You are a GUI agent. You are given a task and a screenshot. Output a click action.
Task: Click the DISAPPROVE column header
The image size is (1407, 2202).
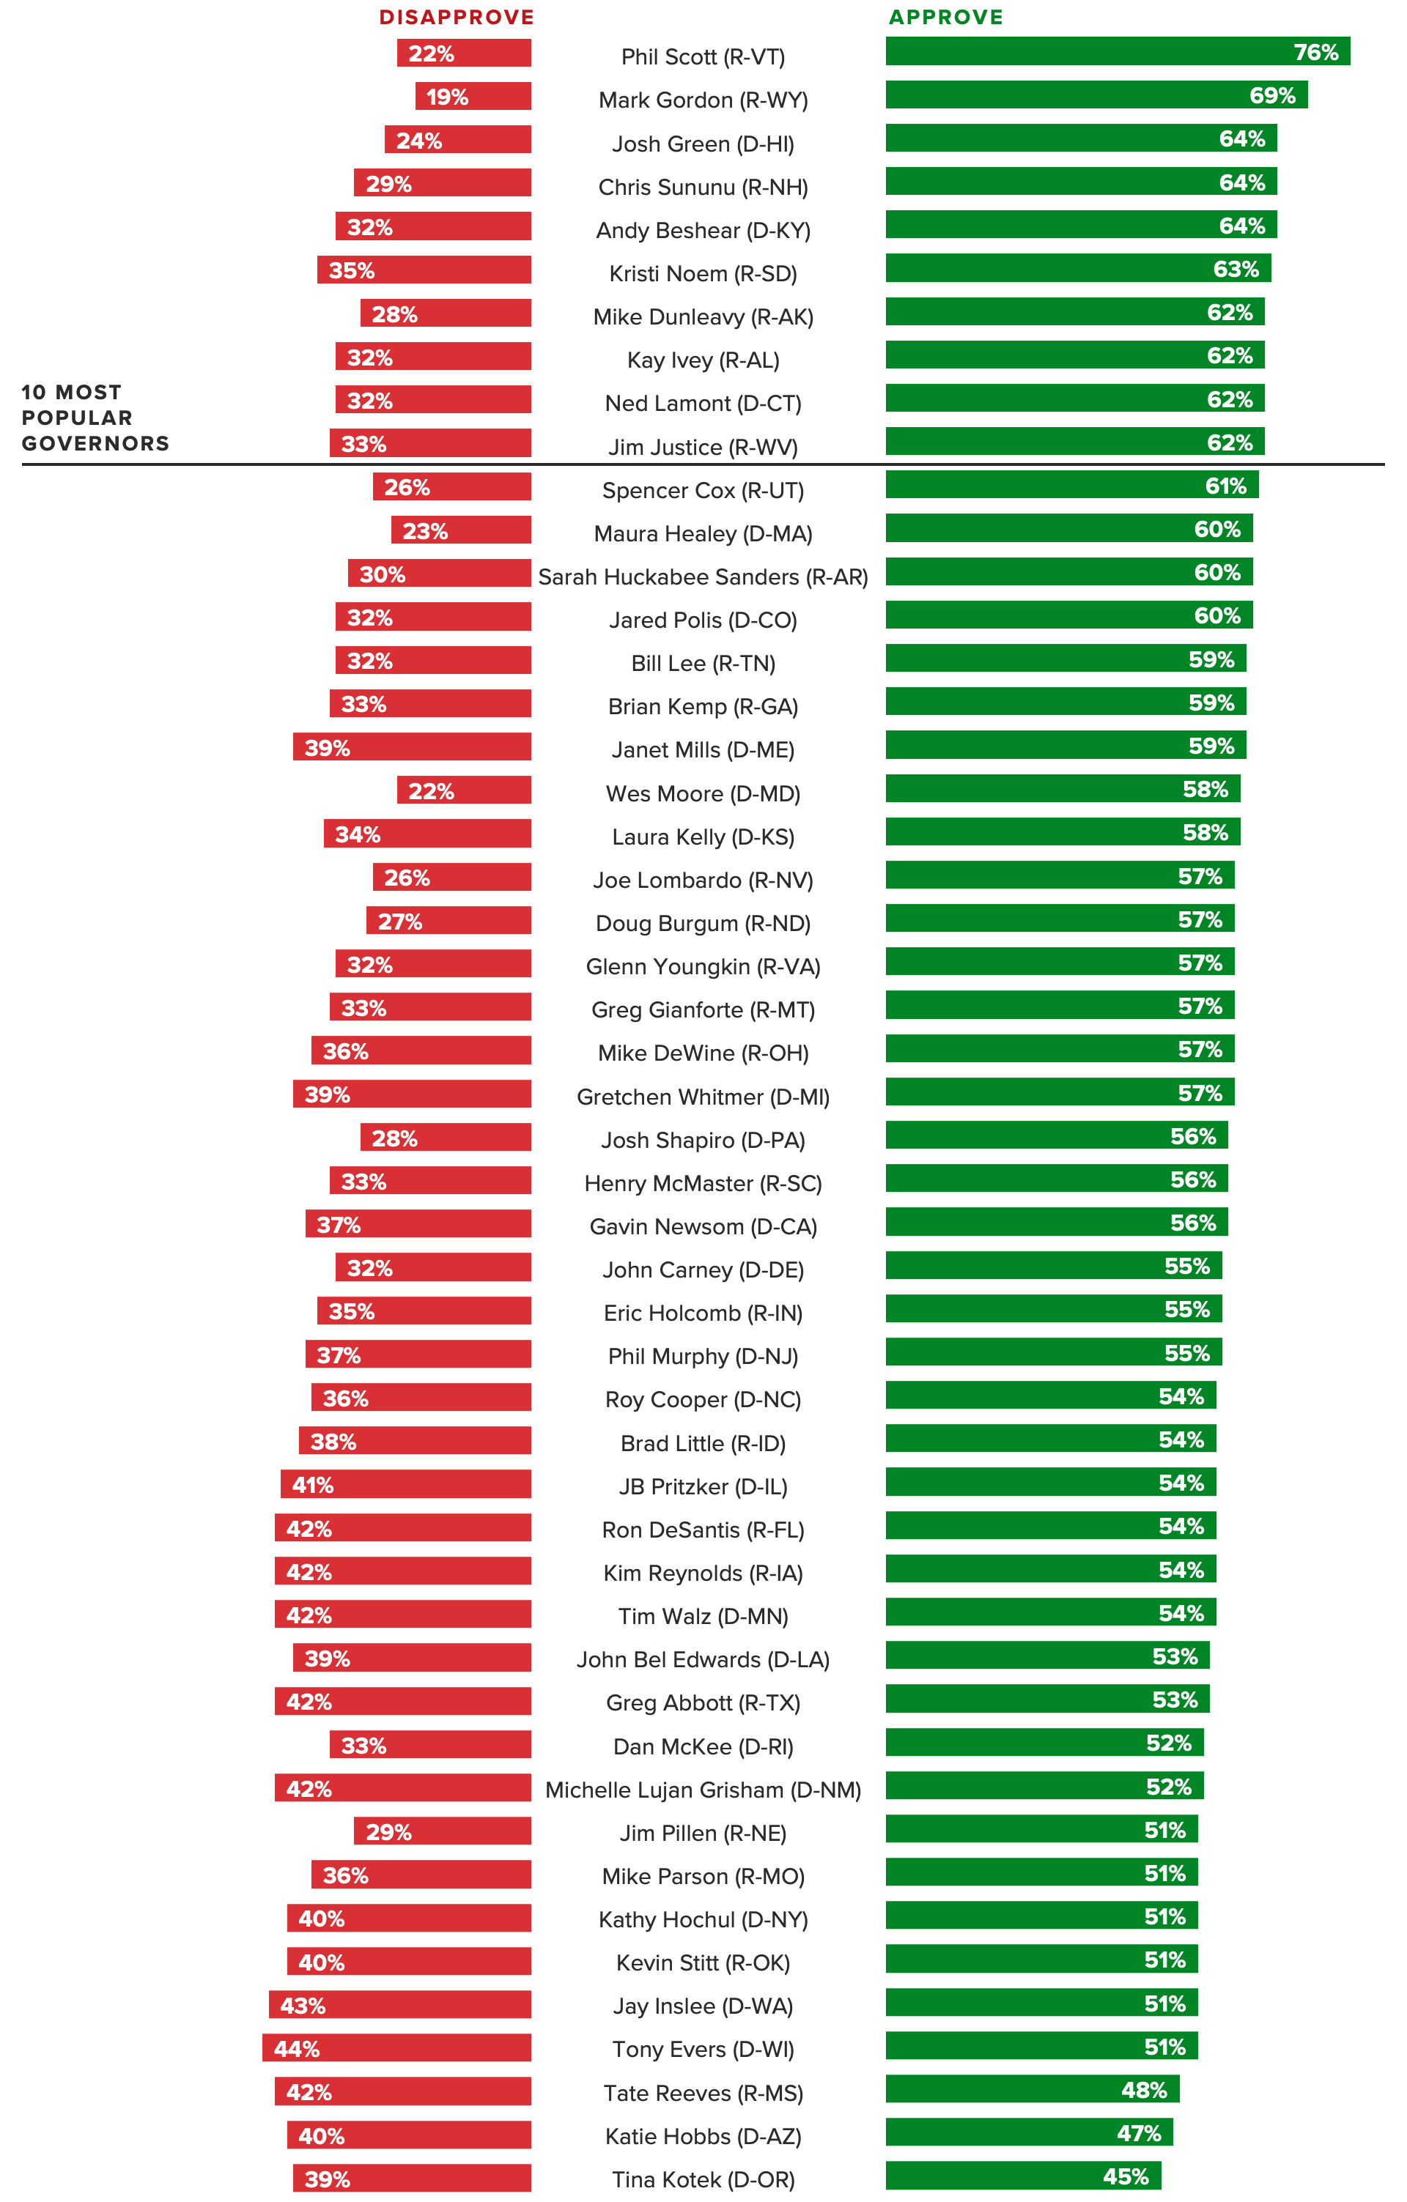point(457,18)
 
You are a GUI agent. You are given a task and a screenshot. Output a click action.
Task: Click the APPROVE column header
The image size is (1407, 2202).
point(946,18)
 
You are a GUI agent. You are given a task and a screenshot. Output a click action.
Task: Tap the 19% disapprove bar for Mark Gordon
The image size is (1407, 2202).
point(473,96)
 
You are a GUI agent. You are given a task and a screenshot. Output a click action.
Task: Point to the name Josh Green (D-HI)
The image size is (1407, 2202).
point(703,144)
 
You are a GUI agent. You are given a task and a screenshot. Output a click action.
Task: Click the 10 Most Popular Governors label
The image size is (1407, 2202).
point(95,418)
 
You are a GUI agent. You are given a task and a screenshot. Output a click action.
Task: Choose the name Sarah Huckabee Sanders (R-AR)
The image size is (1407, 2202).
point(703,577)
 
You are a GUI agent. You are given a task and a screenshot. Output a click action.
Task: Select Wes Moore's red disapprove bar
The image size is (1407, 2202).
point(464,790)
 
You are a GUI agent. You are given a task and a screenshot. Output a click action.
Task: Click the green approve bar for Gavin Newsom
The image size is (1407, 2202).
point(1056,1222)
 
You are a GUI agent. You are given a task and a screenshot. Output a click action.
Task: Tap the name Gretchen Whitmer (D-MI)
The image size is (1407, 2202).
point(703,1097)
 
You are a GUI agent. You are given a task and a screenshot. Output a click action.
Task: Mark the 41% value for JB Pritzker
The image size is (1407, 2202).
point(313,1485)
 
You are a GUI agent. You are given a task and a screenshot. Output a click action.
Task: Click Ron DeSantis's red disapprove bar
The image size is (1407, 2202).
point(402,1528)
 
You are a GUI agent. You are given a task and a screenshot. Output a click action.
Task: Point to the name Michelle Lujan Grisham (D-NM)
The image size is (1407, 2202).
point(703,1790)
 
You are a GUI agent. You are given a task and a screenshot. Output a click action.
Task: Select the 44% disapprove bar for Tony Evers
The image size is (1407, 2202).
point(396,2048)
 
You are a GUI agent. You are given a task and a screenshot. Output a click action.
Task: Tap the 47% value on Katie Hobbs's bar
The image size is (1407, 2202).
point(1138,2133)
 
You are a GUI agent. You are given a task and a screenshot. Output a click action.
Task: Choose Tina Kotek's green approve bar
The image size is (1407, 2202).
point(1023,2176)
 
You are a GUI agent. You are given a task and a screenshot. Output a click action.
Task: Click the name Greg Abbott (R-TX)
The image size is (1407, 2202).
point(703,1702)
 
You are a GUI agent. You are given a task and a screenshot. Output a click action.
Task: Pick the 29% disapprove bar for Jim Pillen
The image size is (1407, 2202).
point(442,1831)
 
